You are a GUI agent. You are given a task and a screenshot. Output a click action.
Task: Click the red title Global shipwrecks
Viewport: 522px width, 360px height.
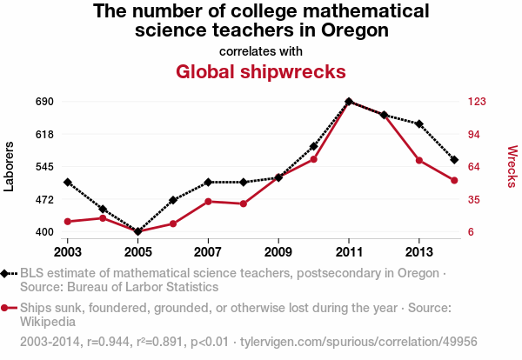[x=261, y=70]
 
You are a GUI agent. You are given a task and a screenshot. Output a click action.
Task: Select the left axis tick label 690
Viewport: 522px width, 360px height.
[x=44, y=102]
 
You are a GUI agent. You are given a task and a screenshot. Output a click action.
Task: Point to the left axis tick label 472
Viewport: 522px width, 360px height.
[x=44, y=200]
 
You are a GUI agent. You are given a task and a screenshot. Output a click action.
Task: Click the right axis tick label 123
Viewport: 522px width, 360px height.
[x=477, y=102]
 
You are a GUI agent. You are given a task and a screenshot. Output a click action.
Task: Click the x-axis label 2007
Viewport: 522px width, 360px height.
[x=208, y=250]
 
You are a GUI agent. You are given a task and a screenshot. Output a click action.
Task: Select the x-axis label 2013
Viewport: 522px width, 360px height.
[x=419, y=250]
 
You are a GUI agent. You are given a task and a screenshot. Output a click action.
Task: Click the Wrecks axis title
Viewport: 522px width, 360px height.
[x=512, y=166]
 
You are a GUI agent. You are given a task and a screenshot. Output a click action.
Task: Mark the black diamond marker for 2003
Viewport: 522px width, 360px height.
[x=67, y=182]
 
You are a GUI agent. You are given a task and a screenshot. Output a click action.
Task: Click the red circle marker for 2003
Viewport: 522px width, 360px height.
[x=67, y=222]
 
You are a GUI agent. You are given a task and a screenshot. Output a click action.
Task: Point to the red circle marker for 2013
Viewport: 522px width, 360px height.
[x=419, y=160]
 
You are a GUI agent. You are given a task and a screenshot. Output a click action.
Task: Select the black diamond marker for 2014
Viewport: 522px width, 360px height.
[x=454, y=160]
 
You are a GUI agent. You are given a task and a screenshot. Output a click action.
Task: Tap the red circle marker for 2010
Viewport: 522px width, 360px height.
[x=313, y=159]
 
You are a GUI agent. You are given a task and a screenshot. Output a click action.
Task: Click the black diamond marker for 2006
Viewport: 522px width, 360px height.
[x=173, y=200]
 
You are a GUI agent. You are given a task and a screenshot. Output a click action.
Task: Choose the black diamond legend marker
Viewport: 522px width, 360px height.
[x=7, y=273]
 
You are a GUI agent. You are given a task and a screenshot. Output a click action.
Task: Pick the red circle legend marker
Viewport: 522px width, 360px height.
[x=7, y=308]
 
